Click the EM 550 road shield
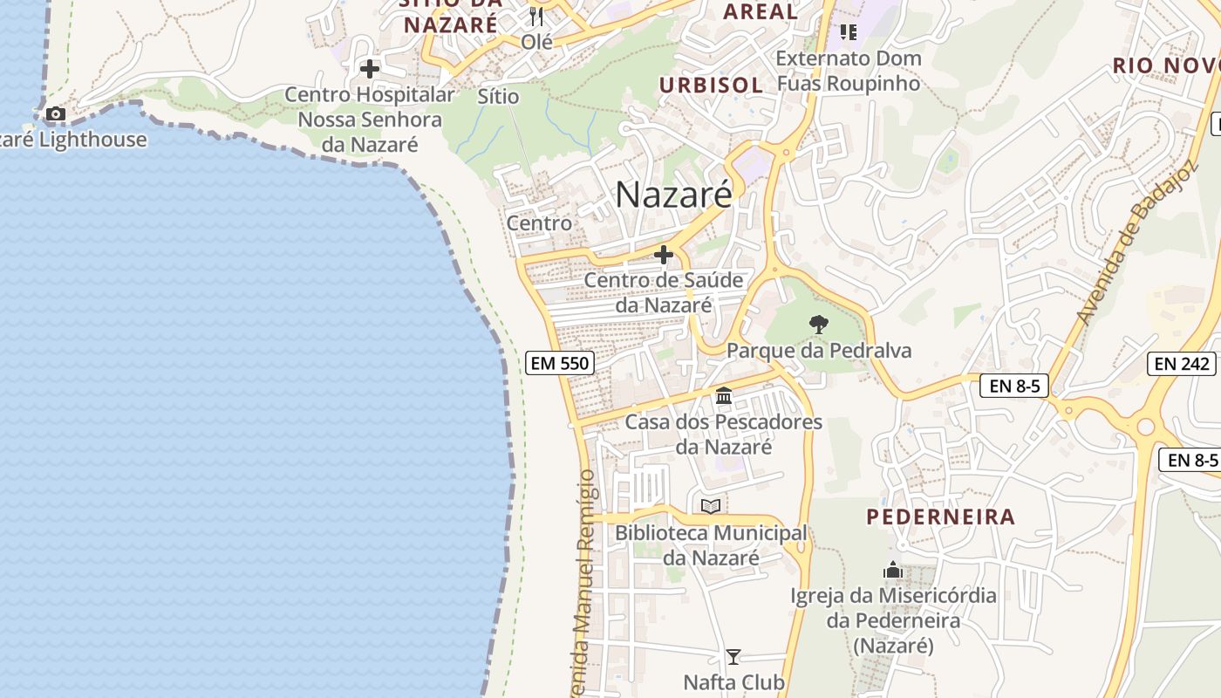560,363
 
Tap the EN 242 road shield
1183,364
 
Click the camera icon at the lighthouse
56,113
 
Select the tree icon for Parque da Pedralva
818,325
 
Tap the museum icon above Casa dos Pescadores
724,396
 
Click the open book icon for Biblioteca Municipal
711,506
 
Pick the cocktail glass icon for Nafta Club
733,657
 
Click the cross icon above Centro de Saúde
664,255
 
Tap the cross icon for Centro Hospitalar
370,68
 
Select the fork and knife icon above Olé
536,16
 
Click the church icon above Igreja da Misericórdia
893,571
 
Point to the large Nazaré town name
674,195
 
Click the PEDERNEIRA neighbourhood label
940,517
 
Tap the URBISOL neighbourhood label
711,85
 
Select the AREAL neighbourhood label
761,11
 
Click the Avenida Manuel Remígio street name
584,585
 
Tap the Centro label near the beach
539,223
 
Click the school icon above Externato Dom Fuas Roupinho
848,32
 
